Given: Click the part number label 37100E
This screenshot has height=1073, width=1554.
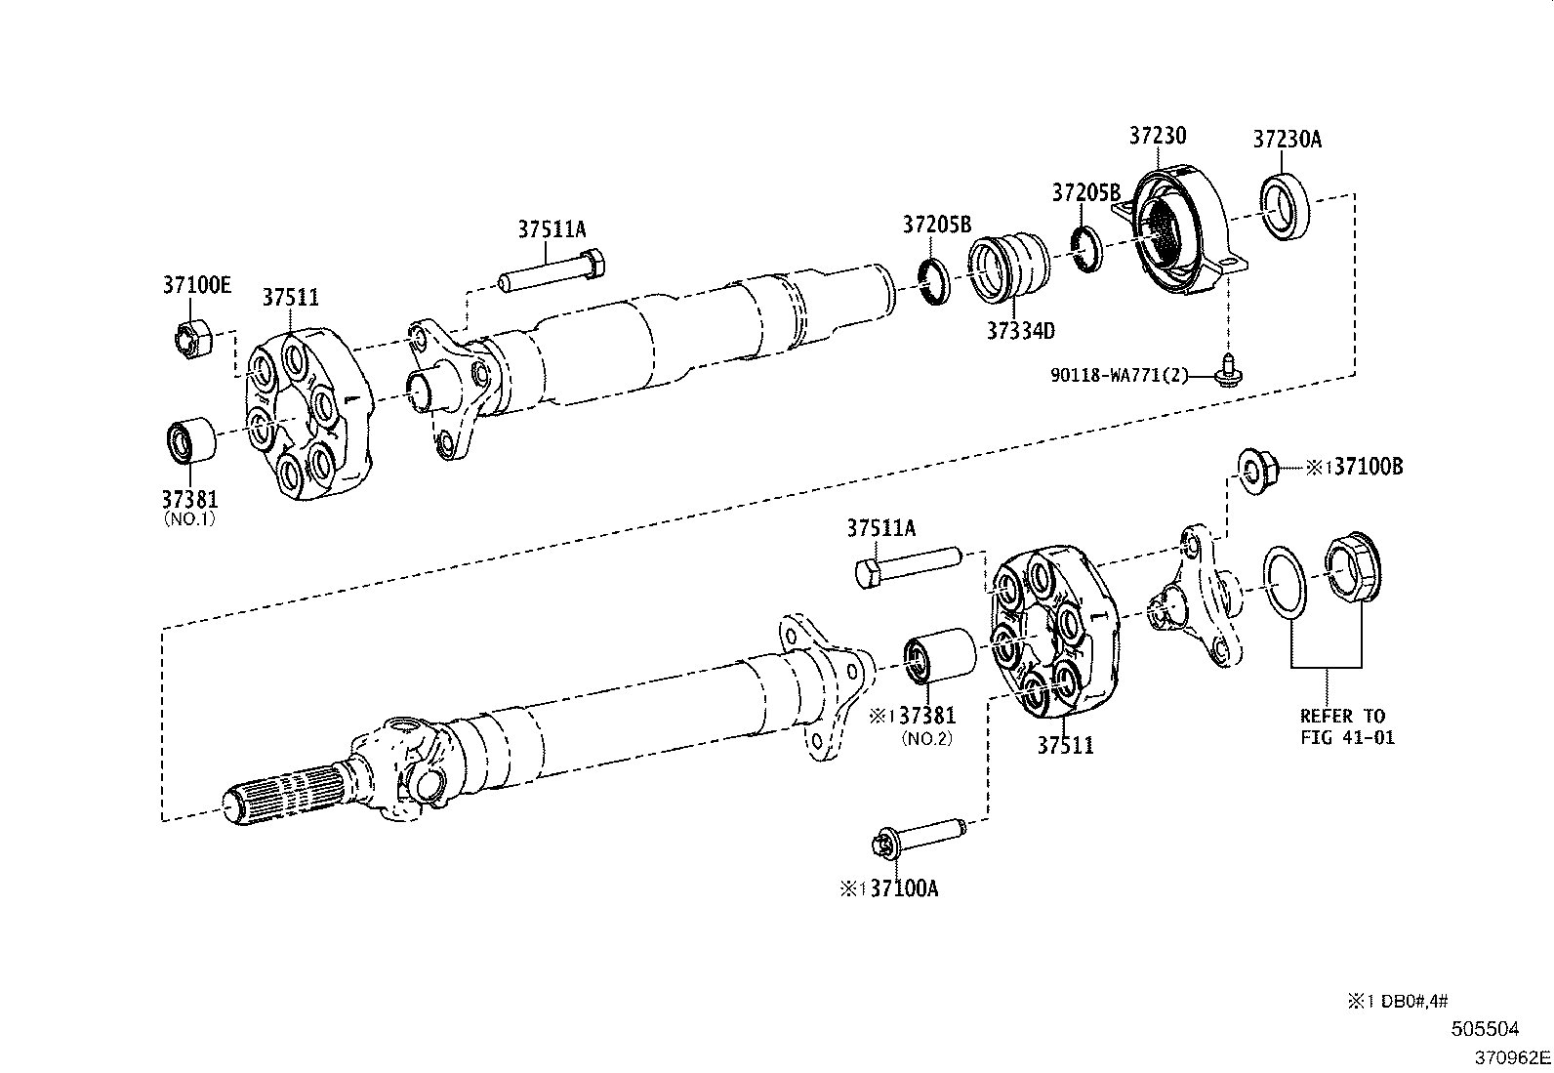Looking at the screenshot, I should coord(196,285).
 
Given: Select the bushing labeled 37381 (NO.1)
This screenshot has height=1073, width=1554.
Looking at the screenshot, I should coord(187,439).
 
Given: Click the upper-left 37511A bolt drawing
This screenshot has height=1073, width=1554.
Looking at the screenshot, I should coord(552,274).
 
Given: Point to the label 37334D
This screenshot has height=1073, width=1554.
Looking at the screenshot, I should coord(1020,331).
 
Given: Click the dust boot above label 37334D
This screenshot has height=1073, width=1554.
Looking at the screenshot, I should coord(1010,266).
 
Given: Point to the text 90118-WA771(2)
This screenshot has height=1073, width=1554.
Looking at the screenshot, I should coord(1120,375).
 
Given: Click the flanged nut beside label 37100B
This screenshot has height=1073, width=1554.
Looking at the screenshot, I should coord(1256,469).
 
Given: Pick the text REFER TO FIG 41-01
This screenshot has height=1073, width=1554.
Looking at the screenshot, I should coord(1346,727).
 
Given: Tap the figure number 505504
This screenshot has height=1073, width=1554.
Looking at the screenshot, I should coord(1485,1028).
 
